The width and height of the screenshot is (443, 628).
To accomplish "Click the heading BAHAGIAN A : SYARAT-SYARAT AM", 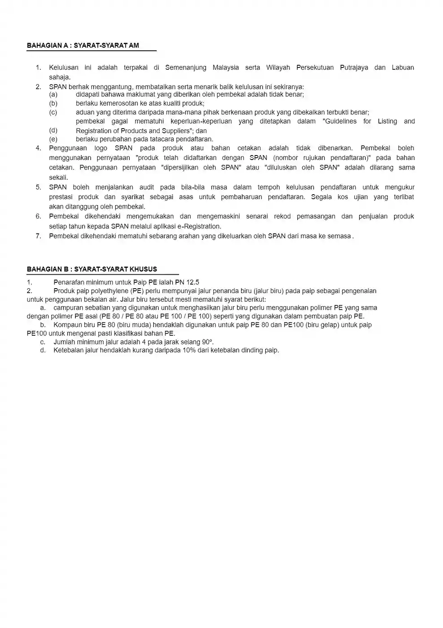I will (83, 45).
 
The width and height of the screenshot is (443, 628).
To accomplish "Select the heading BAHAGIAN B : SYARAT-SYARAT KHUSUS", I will (92, 269).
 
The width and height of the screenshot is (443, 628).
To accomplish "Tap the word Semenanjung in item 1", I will (186, 67).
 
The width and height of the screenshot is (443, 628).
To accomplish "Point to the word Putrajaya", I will (354, 67).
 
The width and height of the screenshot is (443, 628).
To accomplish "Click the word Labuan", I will (403, 67).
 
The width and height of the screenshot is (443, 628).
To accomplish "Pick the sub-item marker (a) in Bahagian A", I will (53, 94).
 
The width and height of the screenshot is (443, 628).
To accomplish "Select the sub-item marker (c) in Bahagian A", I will (53, 112).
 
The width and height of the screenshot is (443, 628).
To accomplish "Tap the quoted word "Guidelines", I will (340, 121).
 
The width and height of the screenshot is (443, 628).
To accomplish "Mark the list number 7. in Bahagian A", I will (39, 236).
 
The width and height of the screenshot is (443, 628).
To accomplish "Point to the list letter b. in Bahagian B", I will (43, 325).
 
